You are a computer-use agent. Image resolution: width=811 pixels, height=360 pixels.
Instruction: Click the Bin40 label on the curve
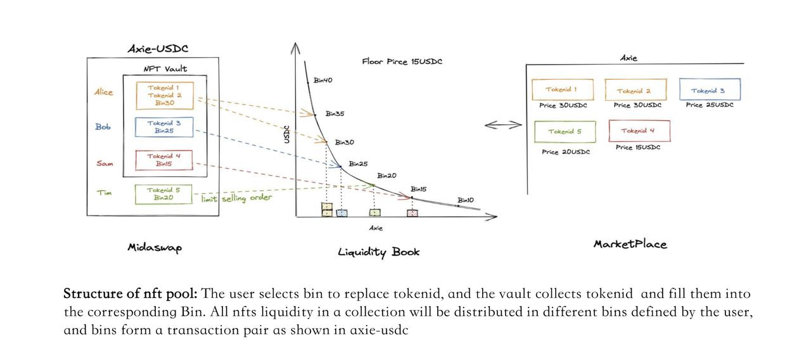click(x=322, y=80)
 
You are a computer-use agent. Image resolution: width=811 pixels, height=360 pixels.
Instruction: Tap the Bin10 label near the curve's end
click(x=466, y=200)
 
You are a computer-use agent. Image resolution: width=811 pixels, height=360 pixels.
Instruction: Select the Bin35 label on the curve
click(x=335, y=114)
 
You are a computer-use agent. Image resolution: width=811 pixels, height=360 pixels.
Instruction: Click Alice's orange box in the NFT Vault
click(x=164, y=95)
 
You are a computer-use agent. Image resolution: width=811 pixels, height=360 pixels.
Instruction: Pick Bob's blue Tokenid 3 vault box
click(x=164, y=127)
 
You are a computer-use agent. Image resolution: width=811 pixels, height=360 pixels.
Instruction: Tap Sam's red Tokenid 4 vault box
click(x=164, y=160)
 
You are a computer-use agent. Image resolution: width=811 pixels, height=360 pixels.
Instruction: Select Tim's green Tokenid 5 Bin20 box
click(x=163, y=194)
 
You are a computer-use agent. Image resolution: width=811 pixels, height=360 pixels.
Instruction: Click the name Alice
click(x=104, y=92)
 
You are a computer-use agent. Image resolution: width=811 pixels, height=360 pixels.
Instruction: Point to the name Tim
click(x=105, y=193)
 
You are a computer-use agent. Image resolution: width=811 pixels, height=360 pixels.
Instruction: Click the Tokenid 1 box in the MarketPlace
click(x=561, y=89)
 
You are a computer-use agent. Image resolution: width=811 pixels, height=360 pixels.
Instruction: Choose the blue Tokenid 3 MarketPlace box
click(x=709, y=89)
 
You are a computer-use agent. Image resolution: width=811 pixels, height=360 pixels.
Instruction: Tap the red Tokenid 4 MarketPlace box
click(x=639, y=131)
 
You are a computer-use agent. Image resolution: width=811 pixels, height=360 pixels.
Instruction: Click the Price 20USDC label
click(x=566, y=152)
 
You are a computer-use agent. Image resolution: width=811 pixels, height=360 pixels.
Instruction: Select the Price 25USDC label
click(x=709, y=105)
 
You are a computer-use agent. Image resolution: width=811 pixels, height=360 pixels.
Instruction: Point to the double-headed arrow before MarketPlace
click(x=503, y=125)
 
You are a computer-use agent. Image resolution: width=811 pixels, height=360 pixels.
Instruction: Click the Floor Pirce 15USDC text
click(x=402, y=61)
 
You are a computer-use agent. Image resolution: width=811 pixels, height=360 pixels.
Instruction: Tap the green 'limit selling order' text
click(x=237, y=198)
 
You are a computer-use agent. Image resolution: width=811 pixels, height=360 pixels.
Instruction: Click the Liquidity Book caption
click(x=379, y=252)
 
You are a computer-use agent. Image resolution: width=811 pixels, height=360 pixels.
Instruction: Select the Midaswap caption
click(x=155, y=248)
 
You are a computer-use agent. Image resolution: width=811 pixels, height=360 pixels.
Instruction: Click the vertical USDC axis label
click(x=286, y=135)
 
